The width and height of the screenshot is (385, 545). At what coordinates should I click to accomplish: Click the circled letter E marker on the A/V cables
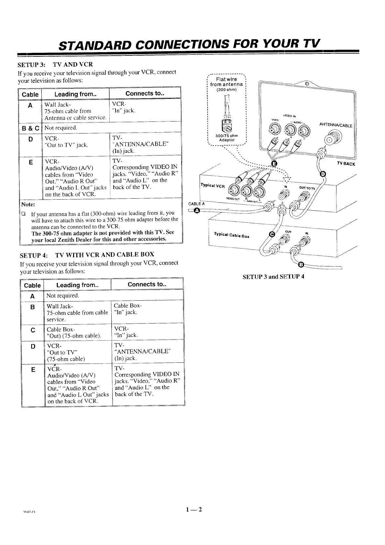coord(274,164)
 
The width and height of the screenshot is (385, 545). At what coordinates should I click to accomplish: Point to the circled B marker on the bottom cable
coord(301,265)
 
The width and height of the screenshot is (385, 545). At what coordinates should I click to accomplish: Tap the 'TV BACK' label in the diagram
coord(346,164)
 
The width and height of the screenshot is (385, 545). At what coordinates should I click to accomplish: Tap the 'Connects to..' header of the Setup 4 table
coord(148,284)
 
